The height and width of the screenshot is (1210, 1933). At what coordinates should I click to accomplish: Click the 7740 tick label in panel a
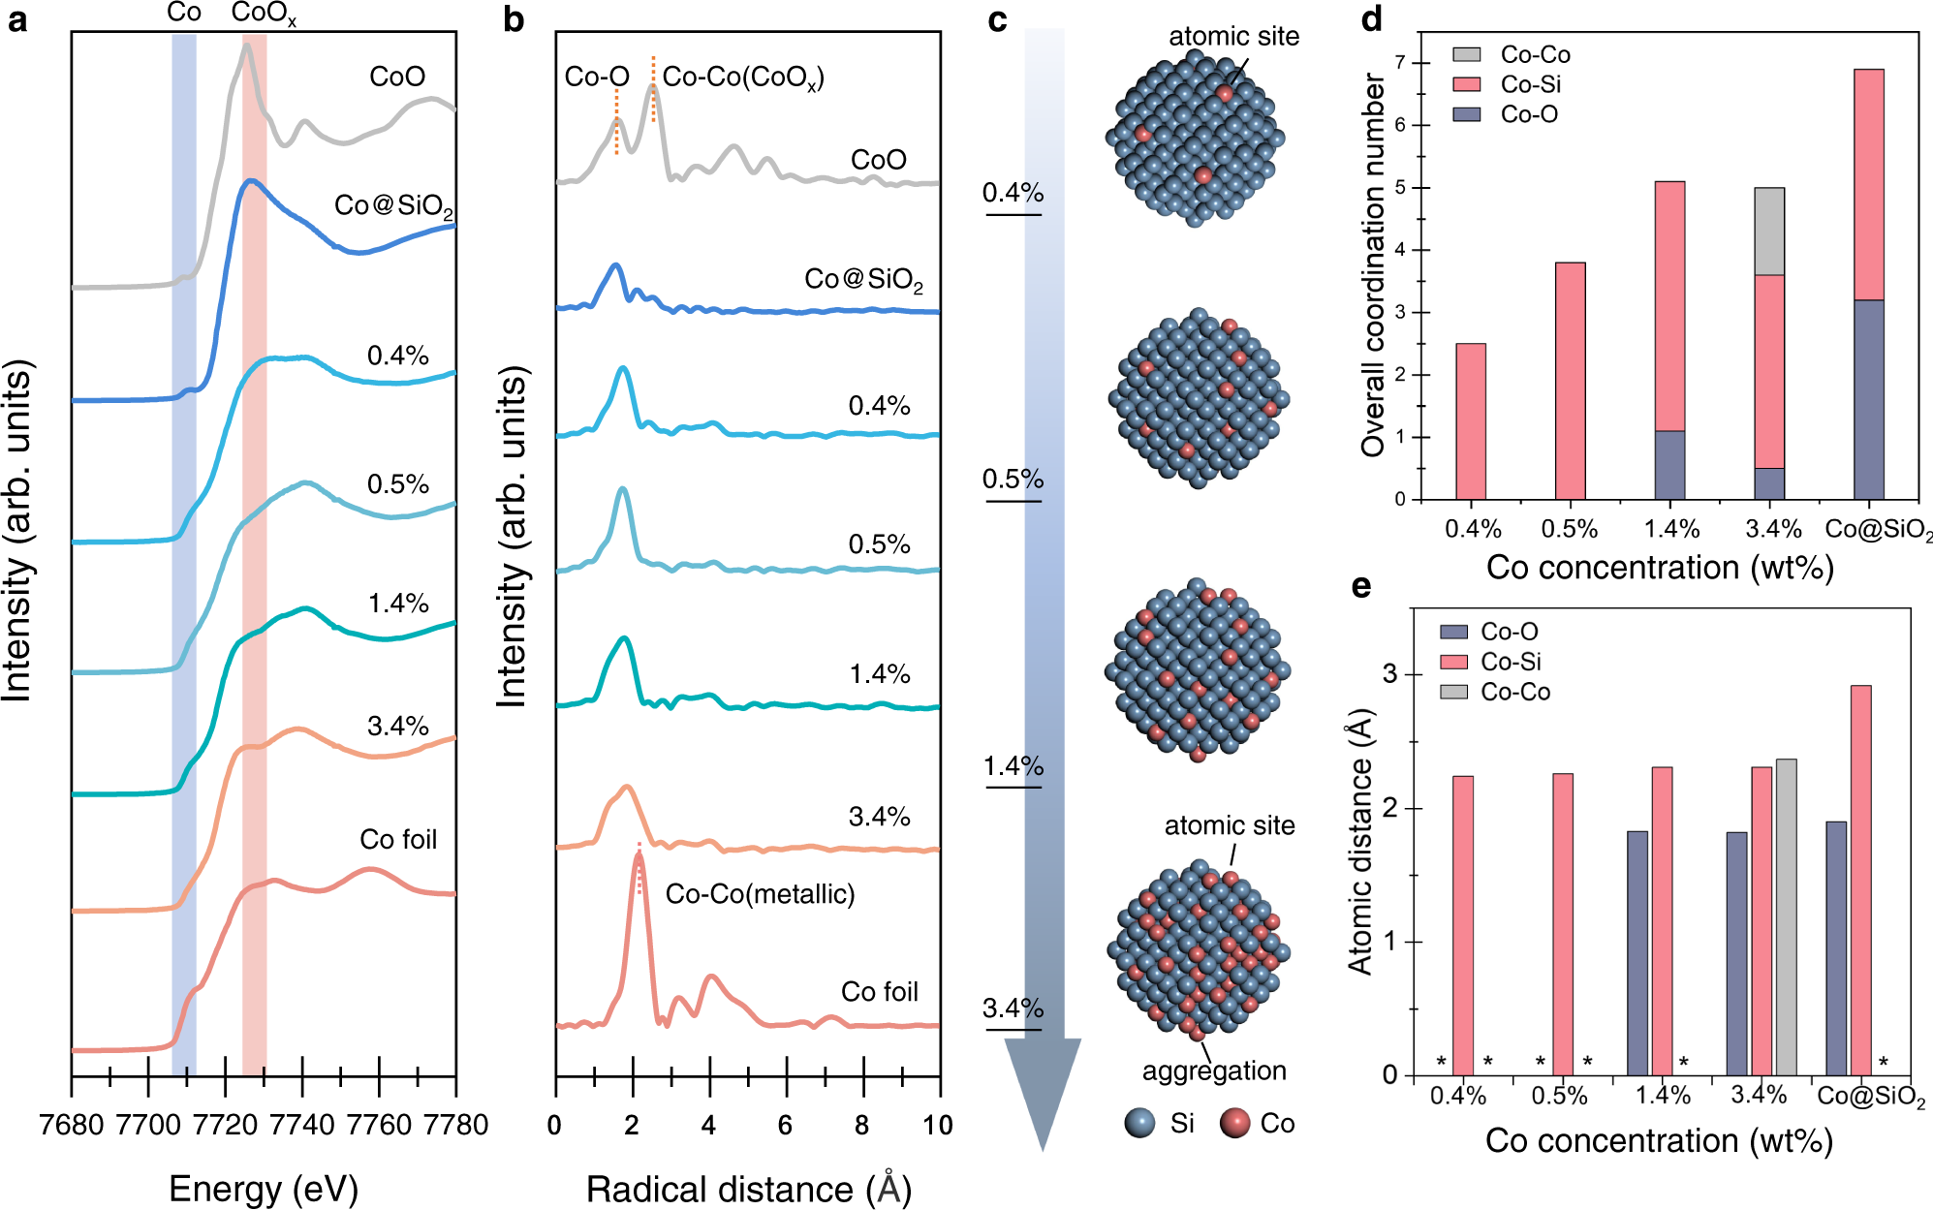[301, 1125]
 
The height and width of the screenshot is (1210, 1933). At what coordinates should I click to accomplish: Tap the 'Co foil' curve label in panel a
[398, 839]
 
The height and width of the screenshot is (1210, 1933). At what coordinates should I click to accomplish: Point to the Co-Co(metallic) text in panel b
[760, 893]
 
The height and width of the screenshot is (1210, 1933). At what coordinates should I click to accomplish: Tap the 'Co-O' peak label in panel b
[597, 77]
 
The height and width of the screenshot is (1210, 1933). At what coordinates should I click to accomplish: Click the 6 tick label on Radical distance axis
[785, 1125]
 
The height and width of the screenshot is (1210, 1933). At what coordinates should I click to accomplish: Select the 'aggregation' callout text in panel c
[1214, 1070]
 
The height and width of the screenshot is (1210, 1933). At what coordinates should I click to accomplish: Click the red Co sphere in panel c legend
[1234, 1123]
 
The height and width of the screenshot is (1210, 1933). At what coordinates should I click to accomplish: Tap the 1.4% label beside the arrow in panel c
[1013, 766]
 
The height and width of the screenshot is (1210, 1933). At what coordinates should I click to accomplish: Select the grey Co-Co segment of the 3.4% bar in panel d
[1769, 232]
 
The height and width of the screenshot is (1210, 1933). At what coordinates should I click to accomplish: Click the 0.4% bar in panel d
[1470, 421]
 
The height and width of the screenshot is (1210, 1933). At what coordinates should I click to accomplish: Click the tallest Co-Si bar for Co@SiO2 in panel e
[1860, 872]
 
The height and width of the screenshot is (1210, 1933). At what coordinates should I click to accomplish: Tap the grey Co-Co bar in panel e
[1786, 915]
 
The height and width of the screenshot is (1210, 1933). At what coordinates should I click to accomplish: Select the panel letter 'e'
[1361, 587]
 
